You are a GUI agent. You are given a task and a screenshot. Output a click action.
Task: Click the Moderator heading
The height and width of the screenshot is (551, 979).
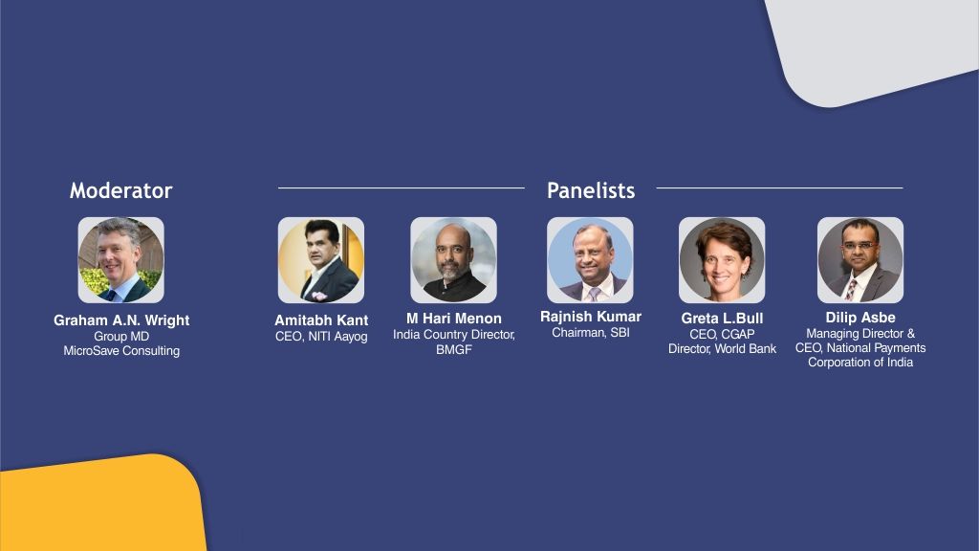pyautogui.click(x=120, y=190)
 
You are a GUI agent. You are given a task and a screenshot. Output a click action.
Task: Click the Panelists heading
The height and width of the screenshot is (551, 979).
pyautogui.click(x=591, y=190)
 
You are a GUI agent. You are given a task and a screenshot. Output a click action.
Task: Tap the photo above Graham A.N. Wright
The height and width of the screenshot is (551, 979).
pyautogui.click(x=121, y=260)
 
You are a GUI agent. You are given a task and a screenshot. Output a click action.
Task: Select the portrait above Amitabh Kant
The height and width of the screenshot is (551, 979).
pyautogui.click(x=321, y=260)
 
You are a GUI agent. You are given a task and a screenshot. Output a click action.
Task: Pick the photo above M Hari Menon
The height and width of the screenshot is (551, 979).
pyautogui.click(x=453, y=260)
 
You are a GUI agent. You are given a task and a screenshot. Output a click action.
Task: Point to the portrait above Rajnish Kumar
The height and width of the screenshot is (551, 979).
pyautogui.click(x=590, y=260)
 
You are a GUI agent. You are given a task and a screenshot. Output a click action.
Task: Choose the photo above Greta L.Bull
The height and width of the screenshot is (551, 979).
pyautogui.click(x=722, y=260)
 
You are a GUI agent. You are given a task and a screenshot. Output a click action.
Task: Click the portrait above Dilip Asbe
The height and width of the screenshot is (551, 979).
pyautogui.click(x=860, y=260)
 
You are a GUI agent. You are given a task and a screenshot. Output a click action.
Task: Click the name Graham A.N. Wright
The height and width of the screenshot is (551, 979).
pyautogui.click(x=121, y=320)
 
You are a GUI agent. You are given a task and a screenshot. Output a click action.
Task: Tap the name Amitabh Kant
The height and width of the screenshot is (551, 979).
pyautogui.click(x=321, y=320)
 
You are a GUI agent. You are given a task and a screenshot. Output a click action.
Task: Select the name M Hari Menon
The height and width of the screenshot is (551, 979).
pyautogui.click(x=454, y=319)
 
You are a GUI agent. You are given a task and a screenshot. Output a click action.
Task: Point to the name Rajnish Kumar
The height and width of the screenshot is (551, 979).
pyautogui.click(x=591, y=317)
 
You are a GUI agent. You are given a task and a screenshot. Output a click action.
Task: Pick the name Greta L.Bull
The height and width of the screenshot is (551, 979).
pyautogui.click(x=722, y=319)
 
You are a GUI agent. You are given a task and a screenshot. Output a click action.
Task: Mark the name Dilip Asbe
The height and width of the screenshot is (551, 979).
pyautogui.click(x=860, y=318)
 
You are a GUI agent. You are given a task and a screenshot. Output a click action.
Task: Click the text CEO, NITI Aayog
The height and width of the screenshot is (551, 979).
pyautogui.click(x=321, y=337)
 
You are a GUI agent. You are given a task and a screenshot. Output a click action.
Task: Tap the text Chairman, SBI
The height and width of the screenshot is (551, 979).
pyautogui.click(x=591, y=333)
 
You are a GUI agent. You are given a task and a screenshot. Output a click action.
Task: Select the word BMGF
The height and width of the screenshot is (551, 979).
pyautogui.click(x=454, y=350)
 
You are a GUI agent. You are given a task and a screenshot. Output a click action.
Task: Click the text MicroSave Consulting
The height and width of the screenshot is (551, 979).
pyautogui.click(x=121, y=351)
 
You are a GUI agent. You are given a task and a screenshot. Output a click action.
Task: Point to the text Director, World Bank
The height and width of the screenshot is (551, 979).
pyautogui.click(x=722, y=348)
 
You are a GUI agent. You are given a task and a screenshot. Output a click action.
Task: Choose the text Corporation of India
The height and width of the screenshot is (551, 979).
pyautogui.click(x=860, y=363)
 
